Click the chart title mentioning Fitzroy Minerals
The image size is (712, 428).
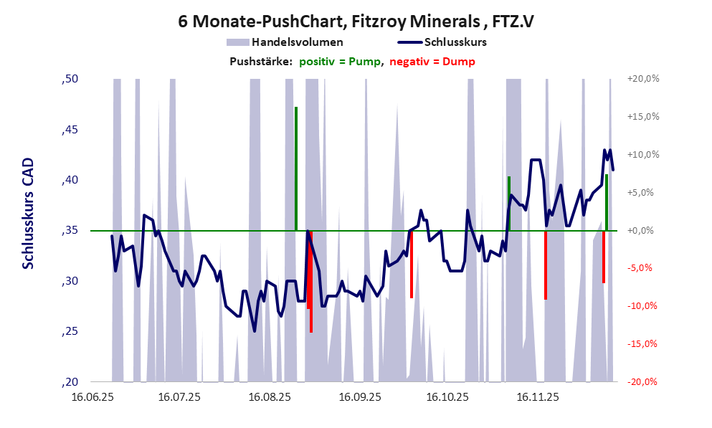click(356, 22)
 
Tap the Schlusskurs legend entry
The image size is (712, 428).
click(455, 42)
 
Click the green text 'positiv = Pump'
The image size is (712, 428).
click(340, 62)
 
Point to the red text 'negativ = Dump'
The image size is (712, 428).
click(432, 62)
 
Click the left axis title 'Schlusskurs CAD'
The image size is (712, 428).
click(29, 214)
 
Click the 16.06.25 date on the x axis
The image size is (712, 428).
click(90, 396)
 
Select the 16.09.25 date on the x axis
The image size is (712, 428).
click(360, 396)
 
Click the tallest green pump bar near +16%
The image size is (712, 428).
click(296, 168)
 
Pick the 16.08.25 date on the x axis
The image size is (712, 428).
click(269, 396)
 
